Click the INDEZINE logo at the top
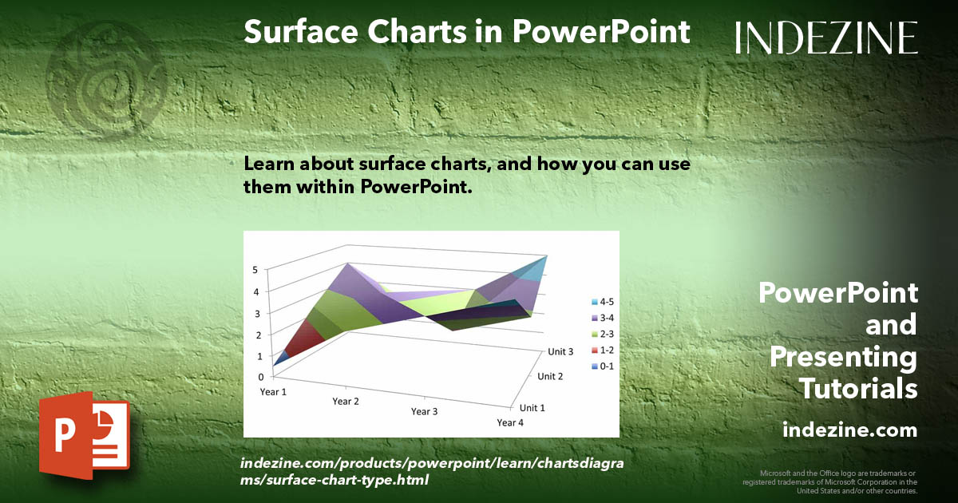coord(826,38)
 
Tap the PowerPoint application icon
coord(85,435)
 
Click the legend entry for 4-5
coord(603,302)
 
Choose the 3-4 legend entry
coord(603,318)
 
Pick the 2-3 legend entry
coord(603,334)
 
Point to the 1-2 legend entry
coord(603,351)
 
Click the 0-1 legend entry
coord(603,366)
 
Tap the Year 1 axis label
coord(273,392)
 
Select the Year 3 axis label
coord(424,411)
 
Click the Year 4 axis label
coord(510,422)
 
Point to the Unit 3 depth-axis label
coord(560,351)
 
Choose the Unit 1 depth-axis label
coord(532,408)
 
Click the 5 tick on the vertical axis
coord(255,270)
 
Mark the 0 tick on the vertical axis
coord(261,377)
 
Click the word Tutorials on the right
coord(858,388)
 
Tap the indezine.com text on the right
coord(849,430)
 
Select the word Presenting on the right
coord(843,358)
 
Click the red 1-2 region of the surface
coord(304,338)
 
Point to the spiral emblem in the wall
coord(107,80)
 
